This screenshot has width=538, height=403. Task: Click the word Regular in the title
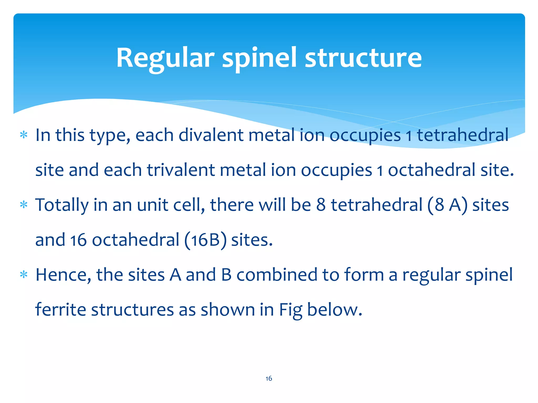(165, 58)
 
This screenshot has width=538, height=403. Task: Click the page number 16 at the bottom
(269, 378)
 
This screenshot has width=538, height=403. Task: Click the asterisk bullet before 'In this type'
(24, 135)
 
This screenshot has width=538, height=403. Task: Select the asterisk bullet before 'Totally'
(24, 205)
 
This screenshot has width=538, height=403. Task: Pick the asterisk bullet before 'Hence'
(24, 275)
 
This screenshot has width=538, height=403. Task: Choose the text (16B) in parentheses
(205, 240)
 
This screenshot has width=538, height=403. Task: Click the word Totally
(62, 205)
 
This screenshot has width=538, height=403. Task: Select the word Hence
(63, 275)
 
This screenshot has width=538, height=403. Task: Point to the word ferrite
(60, 310)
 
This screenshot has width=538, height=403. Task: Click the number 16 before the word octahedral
(78, 240)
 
